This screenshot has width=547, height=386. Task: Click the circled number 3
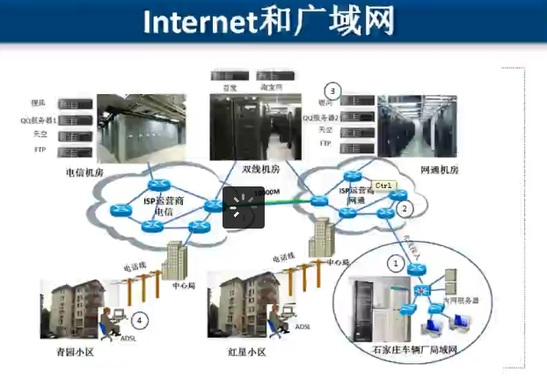[332, 91]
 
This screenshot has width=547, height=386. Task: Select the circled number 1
[397, 263]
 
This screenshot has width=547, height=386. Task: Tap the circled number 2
[404, 209]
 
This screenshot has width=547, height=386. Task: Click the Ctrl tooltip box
[383, 186]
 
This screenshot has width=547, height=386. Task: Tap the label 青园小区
[74, 352]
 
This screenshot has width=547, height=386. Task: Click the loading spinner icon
[244, 207]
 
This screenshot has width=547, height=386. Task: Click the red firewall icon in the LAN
[424, 291]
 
